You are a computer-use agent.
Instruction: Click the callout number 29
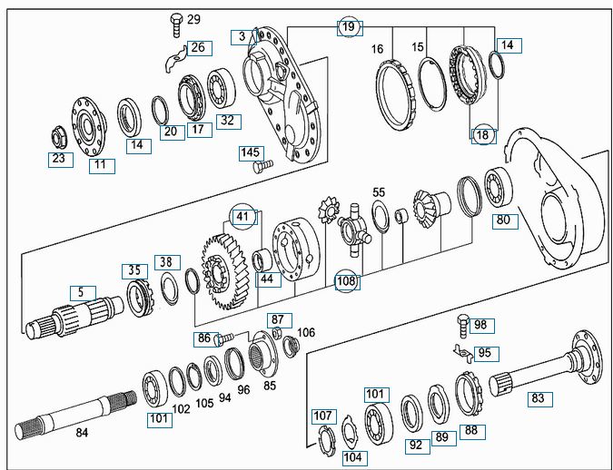[193, 19]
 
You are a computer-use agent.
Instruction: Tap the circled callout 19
[350, 26]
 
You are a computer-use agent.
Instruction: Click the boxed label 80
[501, 219]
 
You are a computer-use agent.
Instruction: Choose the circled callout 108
[346, 280]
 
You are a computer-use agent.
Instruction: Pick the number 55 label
[379, 192]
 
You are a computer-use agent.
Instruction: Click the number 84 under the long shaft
[82, 432]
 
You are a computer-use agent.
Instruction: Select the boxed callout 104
[353, 457]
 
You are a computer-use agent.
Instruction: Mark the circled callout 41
[242, 217]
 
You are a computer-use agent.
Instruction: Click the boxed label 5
[80, 292]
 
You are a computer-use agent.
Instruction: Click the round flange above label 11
[92, 122]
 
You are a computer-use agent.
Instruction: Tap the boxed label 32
[226, 120]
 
